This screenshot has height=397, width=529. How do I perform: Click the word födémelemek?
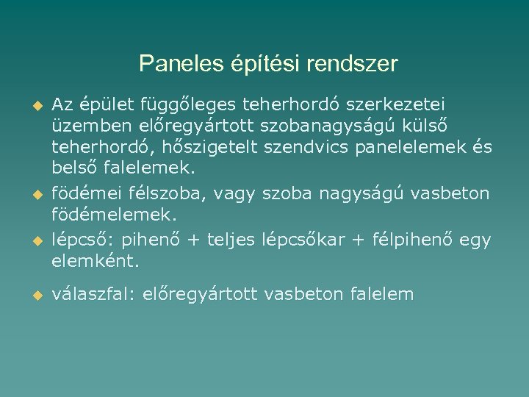point(114,214)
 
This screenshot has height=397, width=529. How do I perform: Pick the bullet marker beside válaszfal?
point(33,296)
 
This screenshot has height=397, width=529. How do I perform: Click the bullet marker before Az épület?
point(33,105)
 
